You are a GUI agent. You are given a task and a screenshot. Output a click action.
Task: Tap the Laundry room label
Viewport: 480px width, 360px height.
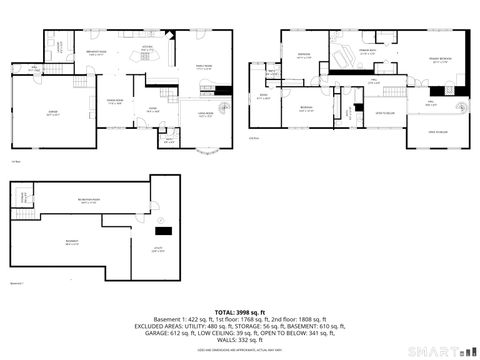tap(59, 45)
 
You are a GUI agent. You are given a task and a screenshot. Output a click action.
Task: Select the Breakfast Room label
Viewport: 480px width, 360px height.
tap(97, 53)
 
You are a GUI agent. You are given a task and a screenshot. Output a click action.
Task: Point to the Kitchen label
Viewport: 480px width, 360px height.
tap(145, 46)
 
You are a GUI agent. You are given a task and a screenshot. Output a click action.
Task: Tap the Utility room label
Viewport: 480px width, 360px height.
tap(157, 251)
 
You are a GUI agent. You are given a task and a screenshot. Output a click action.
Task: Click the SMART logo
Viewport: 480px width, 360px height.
tap(441, 351)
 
